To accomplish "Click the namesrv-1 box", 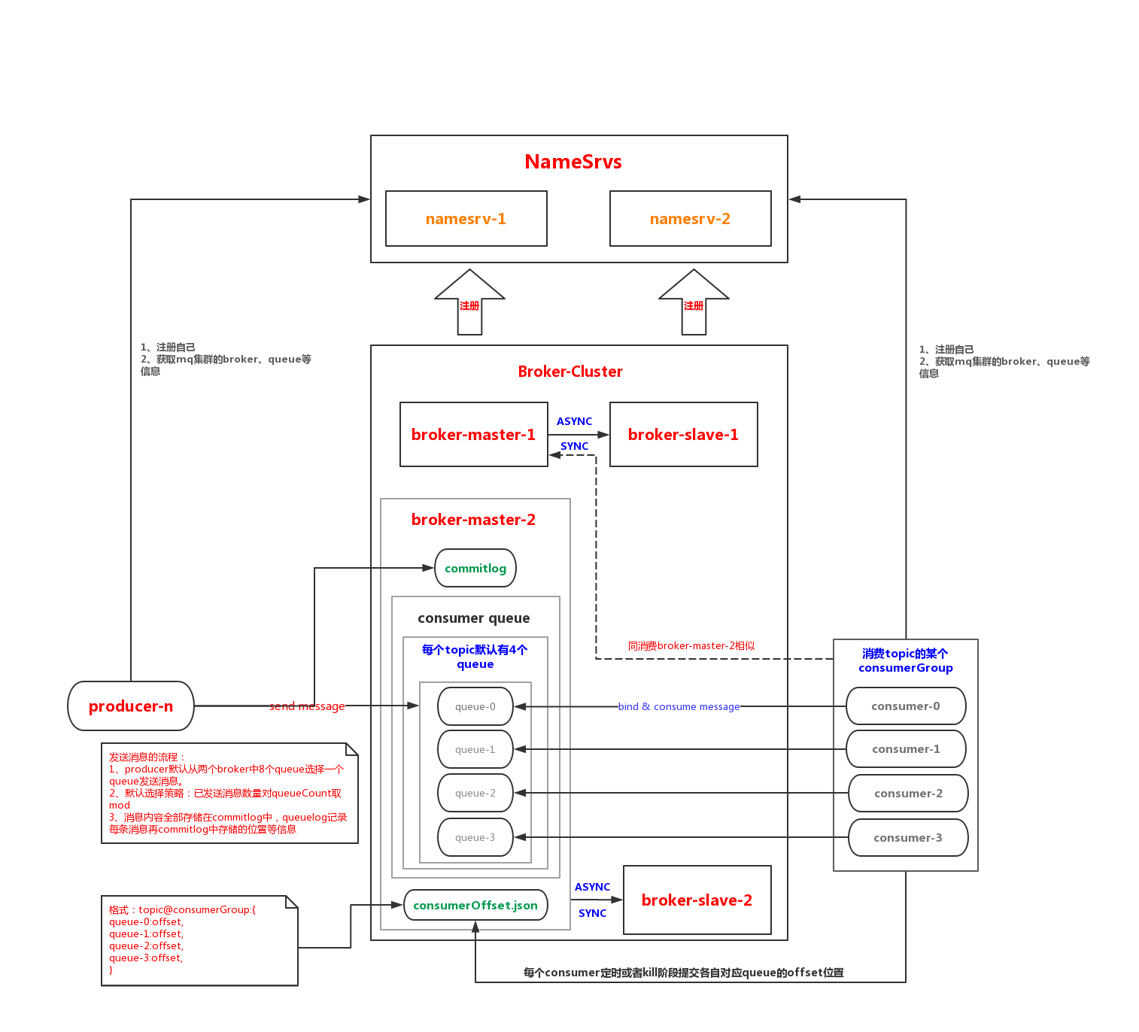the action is click(x=466, y=219).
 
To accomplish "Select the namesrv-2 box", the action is click(x=691, y=219).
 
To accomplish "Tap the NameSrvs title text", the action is click(x=573, y=162).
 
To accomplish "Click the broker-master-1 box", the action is click(x=474, y=435).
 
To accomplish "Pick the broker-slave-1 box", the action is click(x=684, y=435).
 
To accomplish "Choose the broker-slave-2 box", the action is click(x=697, y=900).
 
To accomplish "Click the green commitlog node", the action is click(x=475, y=568).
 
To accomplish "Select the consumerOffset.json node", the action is click(x=475, y=906).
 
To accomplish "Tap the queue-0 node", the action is click(x=475, y=706).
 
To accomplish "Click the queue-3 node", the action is click(x=475, y=838).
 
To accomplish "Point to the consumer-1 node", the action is click(x=907, y=749).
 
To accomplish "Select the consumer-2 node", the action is click(x=909, y=794).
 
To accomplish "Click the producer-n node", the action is click(x=131, y=706).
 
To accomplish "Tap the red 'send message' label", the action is click(x=307, y=706).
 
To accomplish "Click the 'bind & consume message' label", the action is click(x=679, y=706).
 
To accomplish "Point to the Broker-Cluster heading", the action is click(x=570, y=372).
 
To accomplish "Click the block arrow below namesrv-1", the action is click(x=469, y=302).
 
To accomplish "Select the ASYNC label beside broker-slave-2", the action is click(x=592, y=887).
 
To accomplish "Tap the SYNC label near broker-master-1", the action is click(x=575, y=447).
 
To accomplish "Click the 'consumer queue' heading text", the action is click(x=474, y=618).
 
